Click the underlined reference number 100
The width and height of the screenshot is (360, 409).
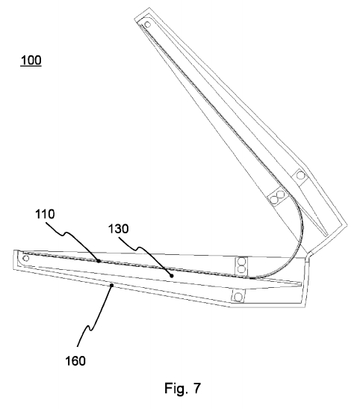tap(31, 61)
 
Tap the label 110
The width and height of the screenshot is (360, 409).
tap(45, 214)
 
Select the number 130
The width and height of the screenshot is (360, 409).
tap(118, 229)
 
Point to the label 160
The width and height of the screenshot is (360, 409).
tap(75, 361)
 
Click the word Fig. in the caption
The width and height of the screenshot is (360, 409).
tap(176, 388)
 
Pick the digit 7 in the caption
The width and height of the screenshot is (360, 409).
tap(197, 388)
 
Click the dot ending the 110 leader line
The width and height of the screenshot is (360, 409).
tap(99, 261)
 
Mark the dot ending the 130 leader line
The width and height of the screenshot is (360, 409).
tap(171, 275)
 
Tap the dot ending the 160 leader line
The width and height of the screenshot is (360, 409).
tap(112, 286)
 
